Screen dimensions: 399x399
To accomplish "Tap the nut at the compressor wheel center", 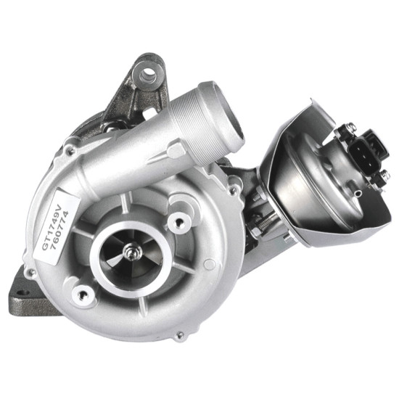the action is [130, 252].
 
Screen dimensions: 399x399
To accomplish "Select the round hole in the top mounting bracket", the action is [148, 73].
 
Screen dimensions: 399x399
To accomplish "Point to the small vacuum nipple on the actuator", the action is [358, 194].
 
